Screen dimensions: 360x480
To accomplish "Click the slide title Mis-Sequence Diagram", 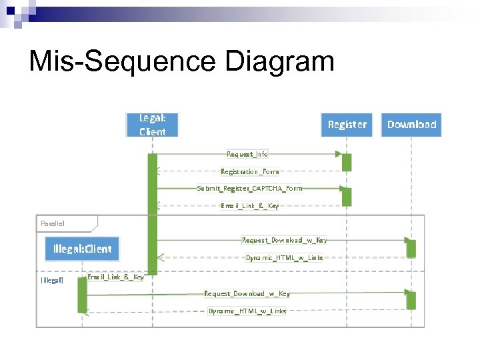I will click(x=181, y=62).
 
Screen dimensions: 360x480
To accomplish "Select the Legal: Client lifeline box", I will click(x=152, y=125).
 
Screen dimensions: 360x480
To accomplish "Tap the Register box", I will click(x=347, y=125).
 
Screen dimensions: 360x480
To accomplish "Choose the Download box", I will click(x=411, y=125).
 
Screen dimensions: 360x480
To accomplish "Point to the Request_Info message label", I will click(x=247, y=154).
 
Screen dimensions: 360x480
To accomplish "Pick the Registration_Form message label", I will click(x=250, y=171).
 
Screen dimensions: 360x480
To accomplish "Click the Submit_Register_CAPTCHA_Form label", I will click(x=249, y=188).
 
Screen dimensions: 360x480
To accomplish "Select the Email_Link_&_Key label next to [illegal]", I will click(x=116, y=277).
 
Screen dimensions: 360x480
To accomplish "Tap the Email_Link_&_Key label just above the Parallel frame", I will click(x=250, y=205).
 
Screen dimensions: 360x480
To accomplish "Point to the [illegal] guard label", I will click(x=52, y=280).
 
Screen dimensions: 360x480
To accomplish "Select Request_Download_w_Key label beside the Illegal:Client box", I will click(x=284, y=240).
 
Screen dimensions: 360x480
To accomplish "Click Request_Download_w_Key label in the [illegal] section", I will click(x=247, y=293).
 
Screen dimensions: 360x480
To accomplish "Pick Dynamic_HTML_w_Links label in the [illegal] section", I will click(x=247, y=311).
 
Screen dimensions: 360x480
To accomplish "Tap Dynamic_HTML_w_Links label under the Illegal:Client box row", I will click(x=284, y=257).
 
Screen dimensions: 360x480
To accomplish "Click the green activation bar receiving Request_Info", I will click(x=346, y=162).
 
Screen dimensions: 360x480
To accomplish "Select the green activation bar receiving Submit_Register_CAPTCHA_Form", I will click(x=346, y=196).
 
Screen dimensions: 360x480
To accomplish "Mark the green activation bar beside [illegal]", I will click(x=82, y=295).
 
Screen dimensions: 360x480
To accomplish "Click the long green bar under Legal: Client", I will click(x=152, y=213).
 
